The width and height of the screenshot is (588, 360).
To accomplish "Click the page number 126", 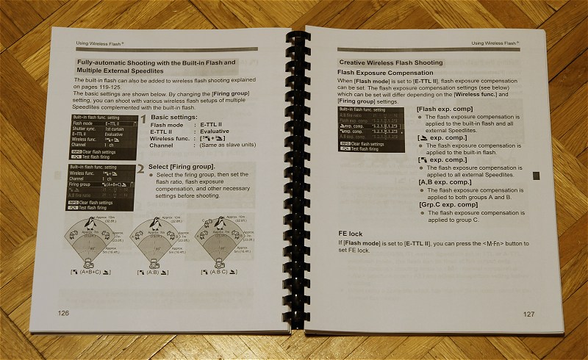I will (64, 313).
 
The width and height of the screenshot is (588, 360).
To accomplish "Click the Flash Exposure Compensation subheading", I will (384, 73).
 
